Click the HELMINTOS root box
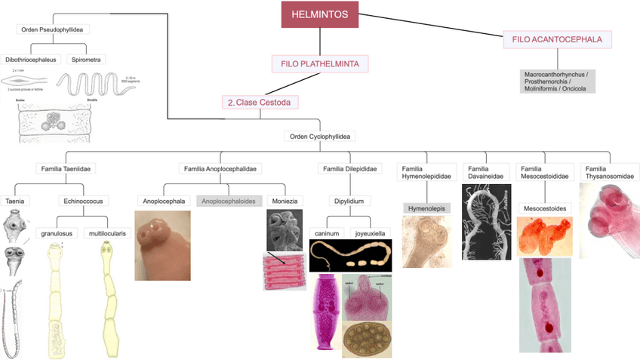pos(320,14)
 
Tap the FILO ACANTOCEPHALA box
pos(558,40)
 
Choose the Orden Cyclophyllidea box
pos(321,137)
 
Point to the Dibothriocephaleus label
pos(31,59)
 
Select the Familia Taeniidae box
pos(68,168)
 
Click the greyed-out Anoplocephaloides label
pos(230,202)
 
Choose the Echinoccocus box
pos(83,202)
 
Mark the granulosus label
pos(57,233)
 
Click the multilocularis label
pos(107,233)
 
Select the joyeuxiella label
pos(371,233)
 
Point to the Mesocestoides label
pos(545,208)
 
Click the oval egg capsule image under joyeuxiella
pos(368,340)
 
